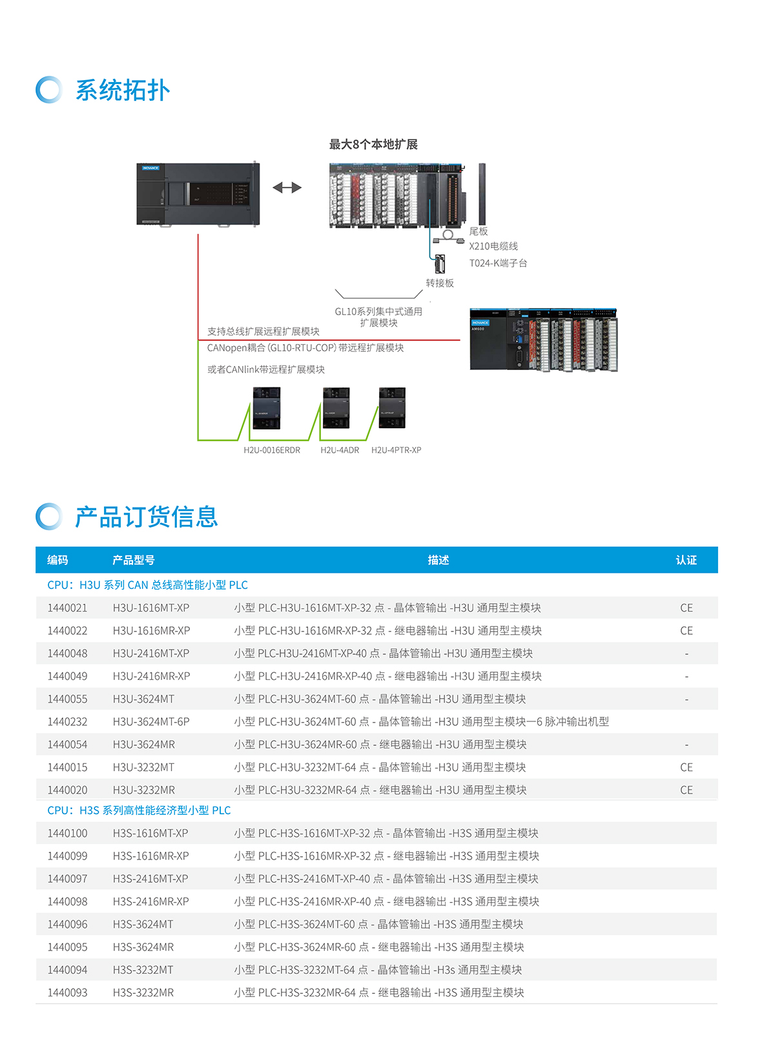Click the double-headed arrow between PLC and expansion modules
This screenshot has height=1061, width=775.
287,188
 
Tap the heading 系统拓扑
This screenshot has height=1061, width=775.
123,90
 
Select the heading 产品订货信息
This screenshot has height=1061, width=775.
147,517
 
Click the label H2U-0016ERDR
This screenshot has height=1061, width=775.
272,450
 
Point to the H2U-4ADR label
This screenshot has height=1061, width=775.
340,450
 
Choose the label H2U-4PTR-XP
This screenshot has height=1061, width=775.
396,450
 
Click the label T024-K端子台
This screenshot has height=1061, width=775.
498,263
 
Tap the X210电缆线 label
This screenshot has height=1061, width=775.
493,246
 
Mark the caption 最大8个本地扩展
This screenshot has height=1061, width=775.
373,145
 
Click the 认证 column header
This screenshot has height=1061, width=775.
686,560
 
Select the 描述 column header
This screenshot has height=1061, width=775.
438,560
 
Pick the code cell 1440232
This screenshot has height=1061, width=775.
67,722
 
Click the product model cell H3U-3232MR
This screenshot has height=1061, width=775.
144,790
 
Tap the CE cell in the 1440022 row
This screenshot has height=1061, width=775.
686,631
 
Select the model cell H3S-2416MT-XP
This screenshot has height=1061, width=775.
150,879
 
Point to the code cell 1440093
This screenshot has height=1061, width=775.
67,993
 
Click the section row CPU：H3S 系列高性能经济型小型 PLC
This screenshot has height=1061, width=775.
139,810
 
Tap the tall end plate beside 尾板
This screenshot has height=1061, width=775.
482,194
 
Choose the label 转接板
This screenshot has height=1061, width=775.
440,283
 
